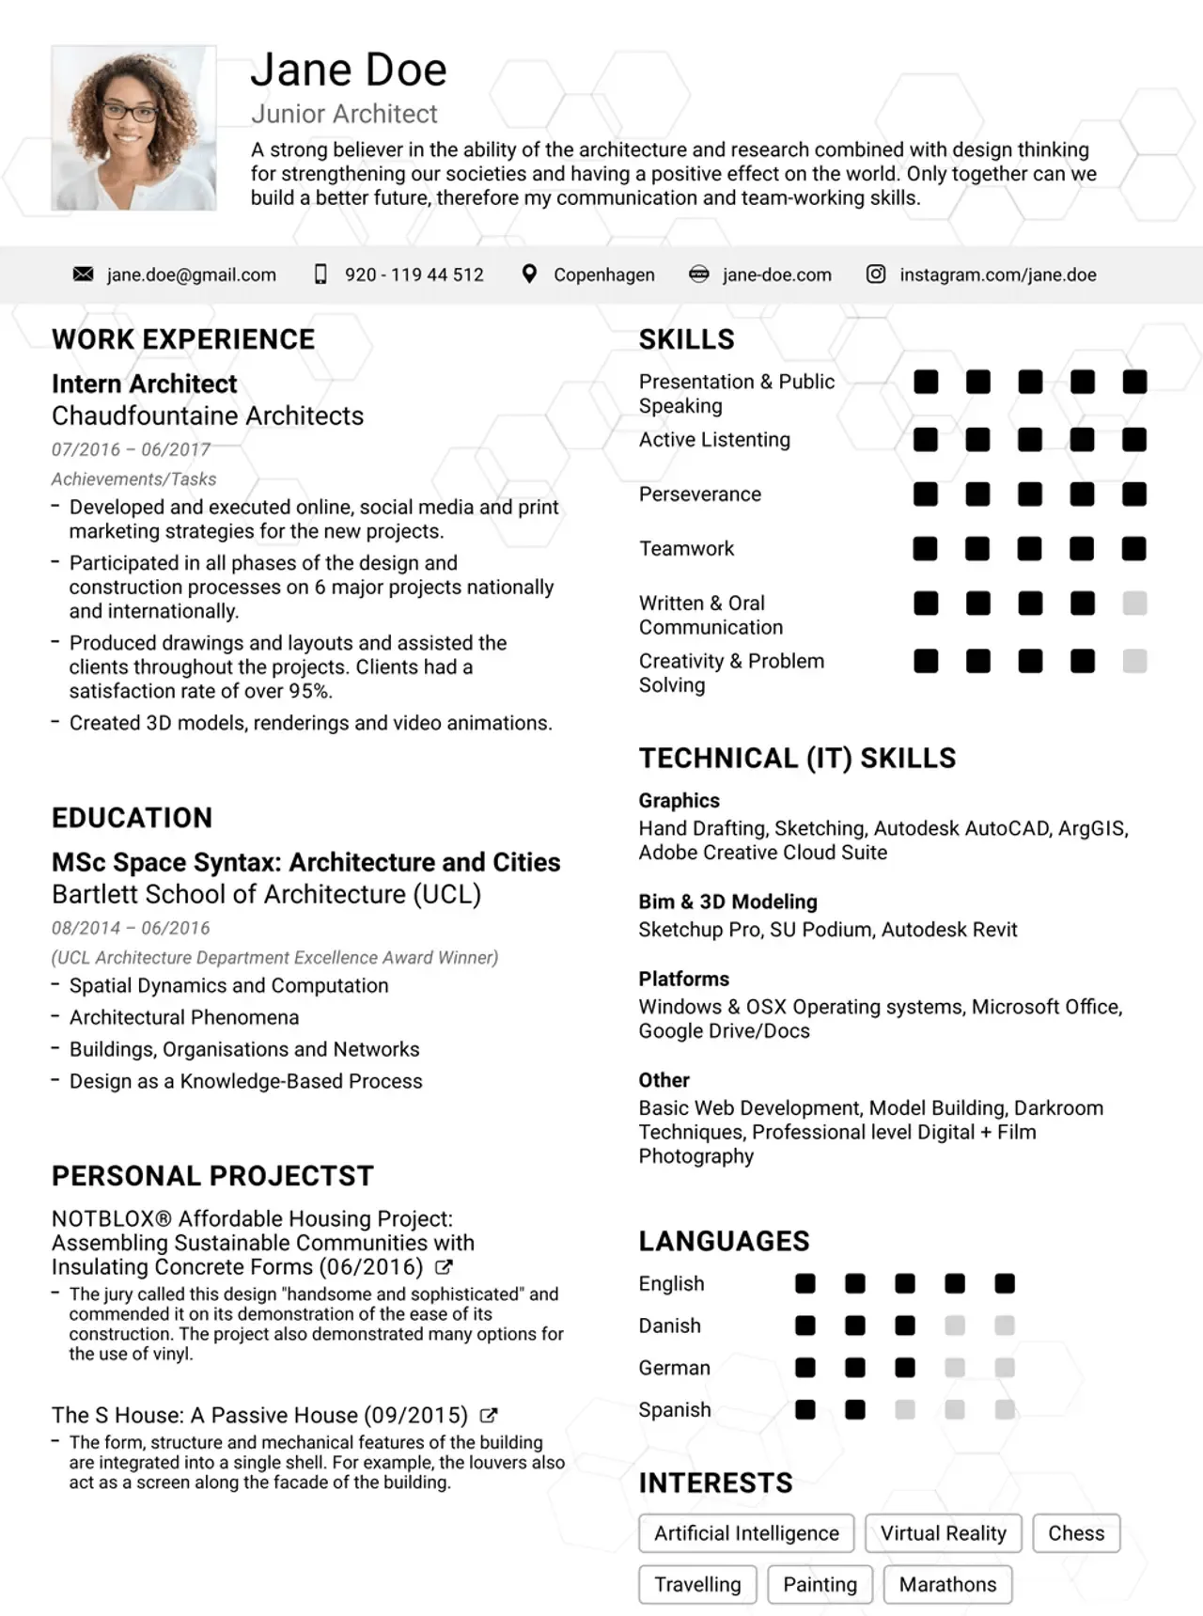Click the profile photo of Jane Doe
coord(133,128)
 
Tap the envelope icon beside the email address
coord(83,274)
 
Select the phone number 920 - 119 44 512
coord(414,275)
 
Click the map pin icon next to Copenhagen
coord(530,274)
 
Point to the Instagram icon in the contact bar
coord(875,274)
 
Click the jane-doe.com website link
coord(776,275)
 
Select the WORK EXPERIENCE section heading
coord(183,339)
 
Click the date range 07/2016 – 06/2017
coord(131,448)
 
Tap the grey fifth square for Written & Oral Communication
coord(1134,603)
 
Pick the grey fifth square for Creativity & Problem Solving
coord(1134,661)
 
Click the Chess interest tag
coord(1076,1533)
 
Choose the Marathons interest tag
coord(947,1584)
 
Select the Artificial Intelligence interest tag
coord(746,1533)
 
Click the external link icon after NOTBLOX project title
coord(445,1267)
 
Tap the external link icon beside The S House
coord(489,1415)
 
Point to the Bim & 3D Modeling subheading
coord(727,902)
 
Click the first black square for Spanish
coord(805,1409)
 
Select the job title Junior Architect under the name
coord(344,114)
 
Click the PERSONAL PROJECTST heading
coord(212,1176)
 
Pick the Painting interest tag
coord(820,1584)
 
